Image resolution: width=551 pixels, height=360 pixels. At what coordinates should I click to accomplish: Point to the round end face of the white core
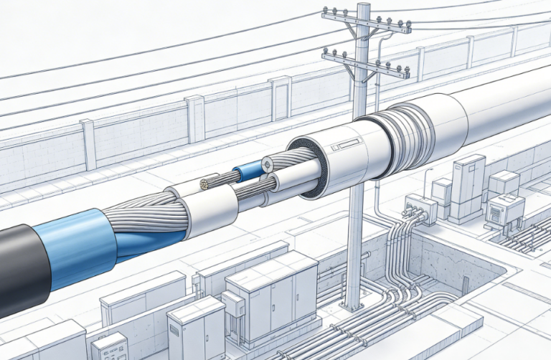click(268, 164)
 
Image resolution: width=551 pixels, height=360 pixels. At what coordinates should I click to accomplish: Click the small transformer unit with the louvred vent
click(505, 210)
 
